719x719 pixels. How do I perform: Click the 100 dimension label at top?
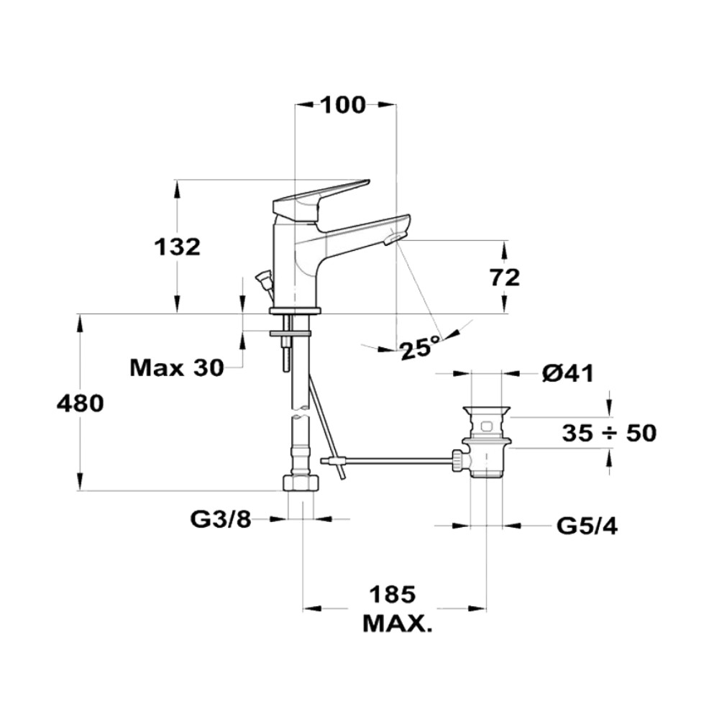(344, 105)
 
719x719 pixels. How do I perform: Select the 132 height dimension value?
(177, 247)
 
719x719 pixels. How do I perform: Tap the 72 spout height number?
(505, 278)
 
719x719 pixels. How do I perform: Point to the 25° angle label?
(420, 348)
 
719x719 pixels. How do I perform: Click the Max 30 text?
(177, 367)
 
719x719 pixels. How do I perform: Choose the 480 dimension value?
(81, 403)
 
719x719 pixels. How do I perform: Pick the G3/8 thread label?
(221, 520)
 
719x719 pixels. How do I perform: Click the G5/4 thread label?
(587, 526)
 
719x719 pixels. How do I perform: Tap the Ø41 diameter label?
(568, 373)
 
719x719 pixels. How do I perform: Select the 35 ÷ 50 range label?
(610, 433)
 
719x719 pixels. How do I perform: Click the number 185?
(393, 595)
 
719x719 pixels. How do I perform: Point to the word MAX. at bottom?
(397, 623)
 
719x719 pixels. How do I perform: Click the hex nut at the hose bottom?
(301, 483)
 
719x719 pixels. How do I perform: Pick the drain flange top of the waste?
(487, 410)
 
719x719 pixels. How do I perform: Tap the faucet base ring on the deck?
(295, 311)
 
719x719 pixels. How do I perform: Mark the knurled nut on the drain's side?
(459, 460)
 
